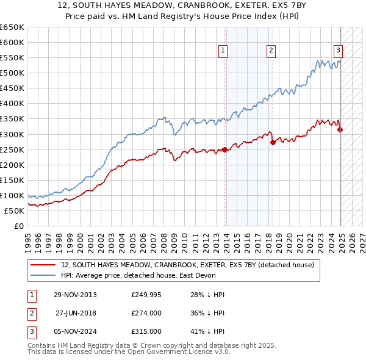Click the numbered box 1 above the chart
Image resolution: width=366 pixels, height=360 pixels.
(223, 51)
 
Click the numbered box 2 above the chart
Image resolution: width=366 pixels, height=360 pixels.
(271, 51)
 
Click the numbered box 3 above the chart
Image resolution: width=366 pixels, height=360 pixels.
(338, 51)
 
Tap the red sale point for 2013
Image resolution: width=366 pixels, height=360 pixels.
(224, 149)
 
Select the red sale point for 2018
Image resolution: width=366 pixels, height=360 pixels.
(273, 142)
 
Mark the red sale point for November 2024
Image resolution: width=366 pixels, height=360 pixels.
(340, 129)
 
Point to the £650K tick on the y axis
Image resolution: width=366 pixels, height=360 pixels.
(12, 27)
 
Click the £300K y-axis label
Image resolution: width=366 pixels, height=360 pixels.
(12, 134)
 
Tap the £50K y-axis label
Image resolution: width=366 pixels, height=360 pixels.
(13, 211)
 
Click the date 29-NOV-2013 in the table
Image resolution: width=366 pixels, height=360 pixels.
(76, 295)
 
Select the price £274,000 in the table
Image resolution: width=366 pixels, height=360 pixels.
(146, 312)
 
